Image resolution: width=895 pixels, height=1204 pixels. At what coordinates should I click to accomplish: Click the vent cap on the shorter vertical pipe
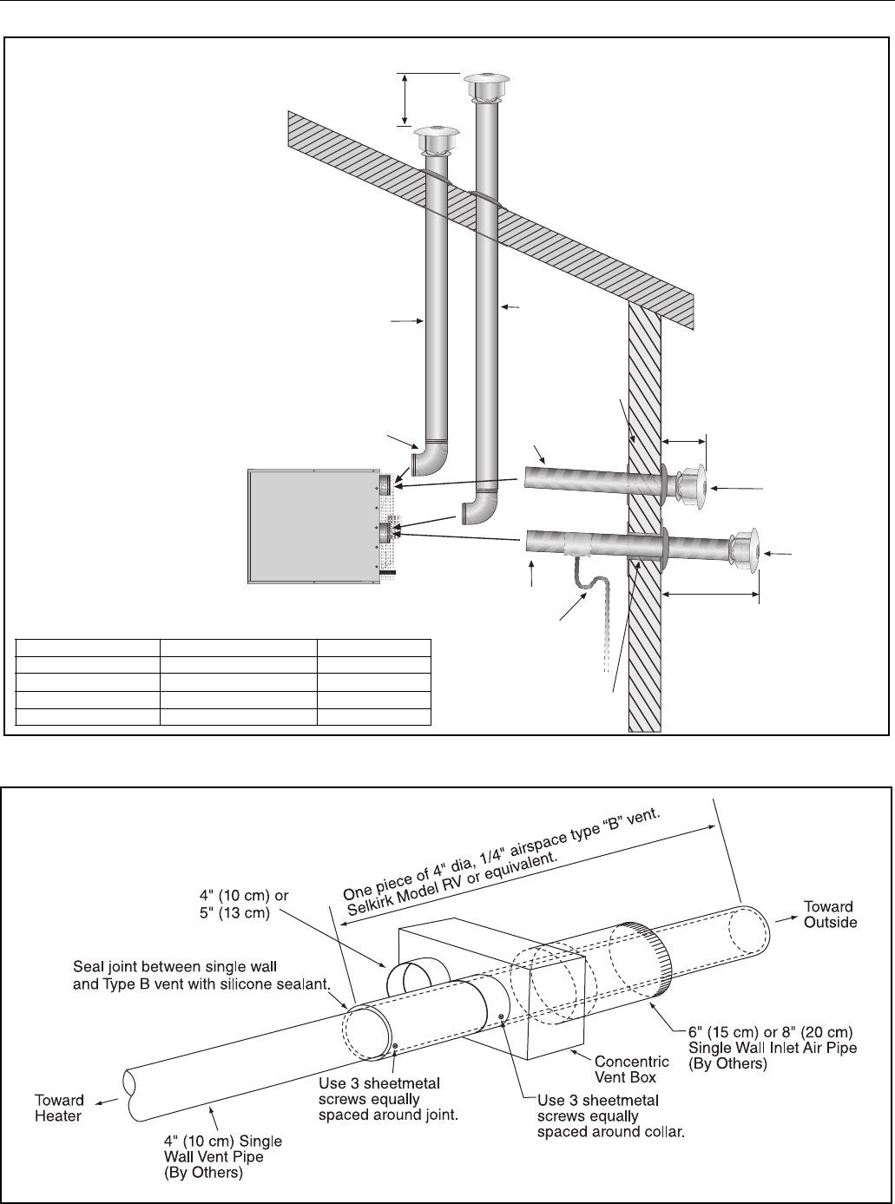pos(437,141)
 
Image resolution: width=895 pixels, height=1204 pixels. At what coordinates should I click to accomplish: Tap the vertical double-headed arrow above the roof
pos(404,99)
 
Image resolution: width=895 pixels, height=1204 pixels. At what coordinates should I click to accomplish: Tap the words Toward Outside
pos(830,914)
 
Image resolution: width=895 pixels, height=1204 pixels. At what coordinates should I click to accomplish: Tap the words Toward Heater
pos(59,1108)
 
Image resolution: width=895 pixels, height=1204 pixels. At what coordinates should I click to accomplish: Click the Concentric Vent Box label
pos(632,1069)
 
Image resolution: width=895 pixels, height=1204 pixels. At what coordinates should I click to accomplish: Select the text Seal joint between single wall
pos(174,966)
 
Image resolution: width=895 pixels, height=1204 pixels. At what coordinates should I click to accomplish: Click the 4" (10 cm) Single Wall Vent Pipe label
pos(223,1156)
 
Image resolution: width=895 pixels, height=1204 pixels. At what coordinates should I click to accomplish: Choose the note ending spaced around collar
pos(610,1116)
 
